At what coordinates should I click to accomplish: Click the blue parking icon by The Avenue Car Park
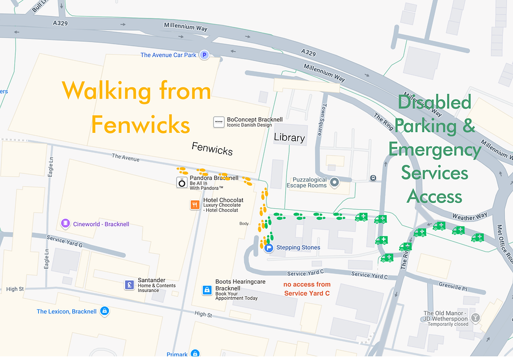coord(205,54)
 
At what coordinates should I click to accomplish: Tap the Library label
coord(289,138)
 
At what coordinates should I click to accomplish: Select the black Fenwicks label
coord(212,149)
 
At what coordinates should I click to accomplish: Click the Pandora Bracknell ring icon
coord(182,182)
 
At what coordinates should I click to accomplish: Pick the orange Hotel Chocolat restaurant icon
coord(195,205)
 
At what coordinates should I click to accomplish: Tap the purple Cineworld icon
coord(65,224)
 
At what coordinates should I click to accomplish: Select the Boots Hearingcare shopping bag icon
coord(207,289)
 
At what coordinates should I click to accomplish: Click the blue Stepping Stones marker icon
coord(269,248)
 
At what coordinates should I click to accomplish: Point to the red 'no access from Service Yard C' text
coord(307,289)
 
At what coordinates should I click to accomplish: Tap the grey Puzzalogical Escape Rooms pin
coord(336,182)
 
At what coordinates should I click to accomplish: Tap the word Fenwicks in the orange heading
coord(140,125)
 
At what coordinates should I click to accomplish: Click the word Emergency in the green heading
coord(434,150)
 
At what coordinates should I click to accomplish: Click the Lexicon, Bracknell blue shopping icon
coord(105,311)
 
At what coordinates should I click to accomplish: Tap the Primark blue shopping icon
coord(195,354)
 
